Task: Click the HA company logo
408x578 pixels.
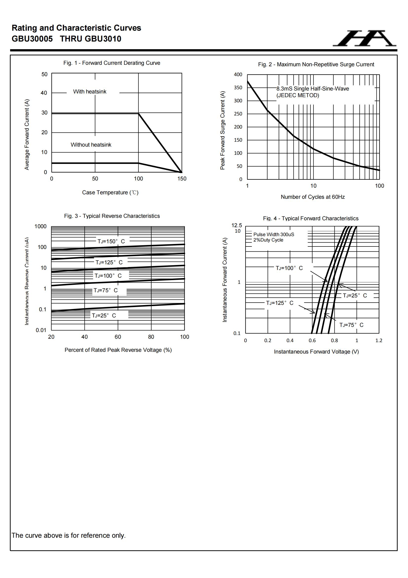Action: click(x=365, y=39)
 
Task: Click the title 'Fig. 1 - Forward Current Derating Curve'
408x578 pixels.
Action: click(x=112, y=63)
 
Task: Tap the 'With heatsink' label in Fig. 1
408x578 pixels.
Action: click(x=90, y=92)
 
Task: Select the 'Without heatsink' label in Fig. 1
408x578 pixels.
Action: click(x=91, y=145)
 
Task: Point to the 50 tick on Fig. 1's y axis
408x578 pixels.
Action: click(x=44, y=74)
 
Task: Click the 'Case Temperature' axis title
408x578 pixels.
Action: click(x=110, y=193)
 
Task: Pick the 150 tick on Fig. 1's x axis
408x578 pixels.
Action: click(x=182, y=179)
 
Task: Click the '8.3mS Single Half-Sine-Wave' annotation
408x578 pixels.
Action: click(x=312, y=89)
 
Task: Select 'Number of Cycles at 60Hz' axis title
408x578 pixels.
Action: click(x=312, y=197)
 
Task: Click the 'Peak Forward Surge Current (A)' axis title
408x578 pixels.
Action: click(x=222, y=130)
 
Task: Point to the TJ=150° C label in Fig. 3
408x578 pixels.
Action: click(x=111, y=242)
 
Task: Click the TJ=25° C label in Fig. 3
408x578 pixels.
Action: click(x=104, y=316)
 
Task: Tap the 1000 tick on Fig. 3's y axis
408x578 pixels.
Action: click(x=40, y=226)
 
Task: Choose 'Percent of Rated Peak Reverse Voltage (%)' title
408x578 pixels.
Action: click(x=118, y=350)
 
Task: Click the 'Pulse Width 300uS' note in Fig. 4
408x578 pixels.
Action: click(x=273, y=234)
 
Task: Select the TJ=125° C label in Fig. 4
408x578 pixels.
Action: click(x=280, y=303)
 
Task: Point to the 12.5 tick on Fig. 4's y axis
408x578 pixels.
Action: click(x=236, y=225)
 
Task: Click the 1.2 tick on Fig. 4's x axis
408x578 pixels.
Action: click(x=379, y=341)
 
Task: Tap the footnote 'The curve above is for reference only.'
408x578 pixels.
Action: click(x=68, y=535)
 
